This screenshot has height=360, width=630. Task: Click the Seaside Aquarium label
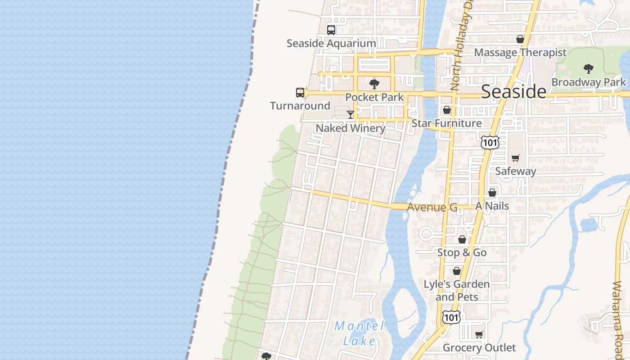click(331, 44)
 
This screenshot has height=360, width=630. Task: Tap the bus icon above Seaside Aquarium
click(331, 30)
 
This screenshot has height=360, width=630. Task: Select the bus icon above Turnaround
click(300, 93)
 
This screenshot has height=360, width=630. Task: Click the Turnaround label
click(300, 106)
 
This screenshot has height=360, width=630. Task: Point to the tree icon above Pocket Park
click(374, 84)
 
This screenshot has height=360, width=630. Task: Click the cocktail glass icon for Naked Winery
click(351, 115)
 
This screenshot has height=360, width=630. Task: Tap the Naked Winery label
click(351, 128)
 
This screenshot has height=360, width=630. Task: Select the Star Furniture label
click(447, 123)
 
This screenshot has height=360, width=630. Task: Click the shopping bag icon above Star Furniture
click(447, 110)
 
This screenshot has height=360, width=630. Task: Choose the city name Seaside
click(514, 91)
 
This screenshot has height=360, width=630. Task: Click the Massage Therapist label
click(520, 53)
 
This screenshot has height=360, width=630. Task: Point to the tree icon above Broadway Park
click(588, 69)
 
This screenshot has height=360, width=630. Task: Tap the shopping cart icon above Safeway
click(516, 158)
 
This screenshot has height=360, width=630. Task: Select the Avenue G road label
click(432, 207)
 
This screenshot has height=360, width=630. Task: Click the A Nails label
click(492, 206)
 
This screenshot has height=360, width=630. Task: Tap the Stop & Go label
click(462, 253)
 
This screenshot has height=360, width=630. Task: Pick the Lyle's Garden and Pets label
click(457, 291)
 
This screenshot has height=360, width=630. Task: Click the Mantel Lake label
click(359, 333)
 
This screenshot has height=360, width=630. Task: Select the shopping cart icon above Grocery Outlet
click(479, 334)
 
